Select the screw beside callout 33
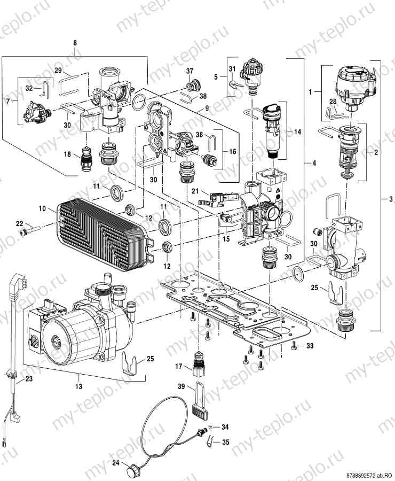pos(294,347)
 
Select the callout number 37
pos(189,72)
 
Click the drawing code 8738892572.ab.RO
pos(368,475)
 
